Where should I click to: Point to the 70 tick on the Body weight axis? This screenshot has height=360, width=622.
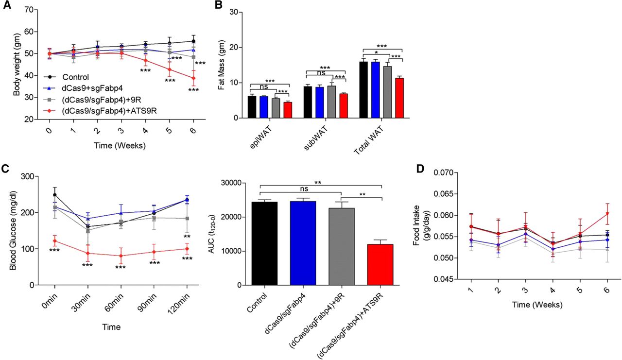(29, 10)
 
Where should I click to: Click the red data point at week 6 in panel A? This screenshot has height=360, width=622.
(193, 78)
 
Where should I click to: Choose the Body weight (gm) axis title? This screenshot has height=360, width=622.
(17, 65)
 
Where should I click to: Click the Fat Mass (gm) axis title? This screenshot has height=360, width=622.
(221, 65)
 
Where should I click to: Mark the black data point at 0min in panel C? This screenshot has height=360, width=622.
(55, 195)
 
